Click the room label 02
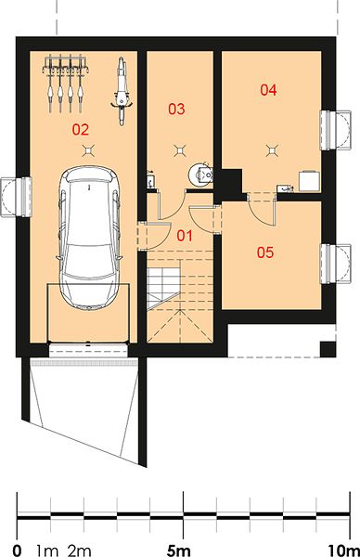pyautogui.click(x=81, y=130)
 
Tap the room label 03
pyautogui.click(x=176, y=109)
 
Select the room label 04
pyautogui.click(x=268, y=90)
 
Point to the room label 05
pyautogui.click(x=265, y=253)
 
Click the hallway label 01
pyautogui.click(x=185, y=236)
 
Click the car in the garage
pyautogui.click(x=89, y=238)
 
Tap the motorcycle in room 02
pyautogui.click(x=122, y=91)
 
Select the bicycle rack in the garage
pyautogui.click(x=65, y=84)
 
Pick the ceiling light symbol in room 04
pyautogui.click(x=272, y=151)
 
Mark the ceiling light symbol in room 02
pyautogui.click(x=88, y=151)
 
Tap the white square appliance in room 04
pyautogui.click(x=309, y=181)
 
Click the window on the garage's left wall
pyautogui.click(x=17, y=197)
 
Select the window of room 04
pyautogui.click(x=336, y=130)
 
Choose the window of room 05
pyautogui.click(x=336, y=264)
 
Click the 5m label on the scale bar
pyautogui.click(x=179, y=551)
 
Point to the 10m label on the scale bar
pyautogui.click(x=343, y=551)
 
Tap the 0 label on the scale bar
pyautogui.click(x=17, y=551)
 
